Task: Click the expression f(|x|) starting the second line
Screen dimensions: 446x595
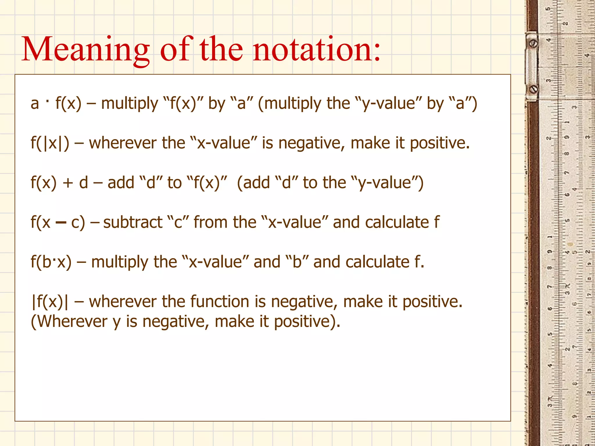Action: (x=50, y=143)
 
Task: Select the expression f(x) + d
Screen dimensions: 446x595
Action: (x=59, y=183)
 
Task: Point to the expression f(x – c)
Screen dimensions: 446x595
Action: (x=58, y=223)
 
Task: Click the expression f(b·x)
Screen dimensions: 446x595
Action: (x=51, y=262)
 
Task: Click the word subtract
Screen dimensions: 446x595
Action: (x=133, y=223)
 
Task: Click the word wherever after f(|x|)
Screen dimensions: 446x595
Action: (x=123, y=143)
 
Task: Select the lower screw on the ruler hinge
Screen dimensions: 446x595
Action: (x=534, y=89)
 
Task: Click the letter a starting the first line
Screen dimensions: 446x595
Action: (x=35, y=104)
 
